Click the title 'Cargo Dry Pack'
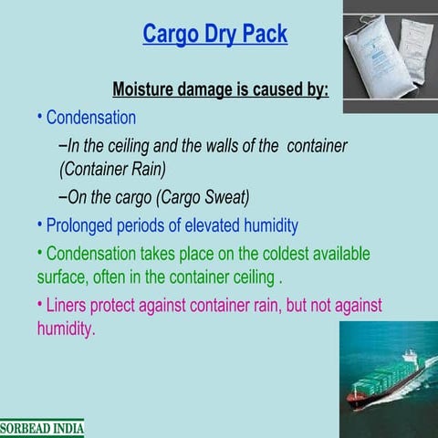[214, 35]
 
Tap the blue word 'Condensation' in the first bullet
[90, 118]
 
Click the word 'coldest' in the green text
[247, 253]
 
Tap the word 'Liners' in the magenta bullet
[69, 306]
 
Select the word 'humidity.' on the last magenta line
[66, 328]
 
